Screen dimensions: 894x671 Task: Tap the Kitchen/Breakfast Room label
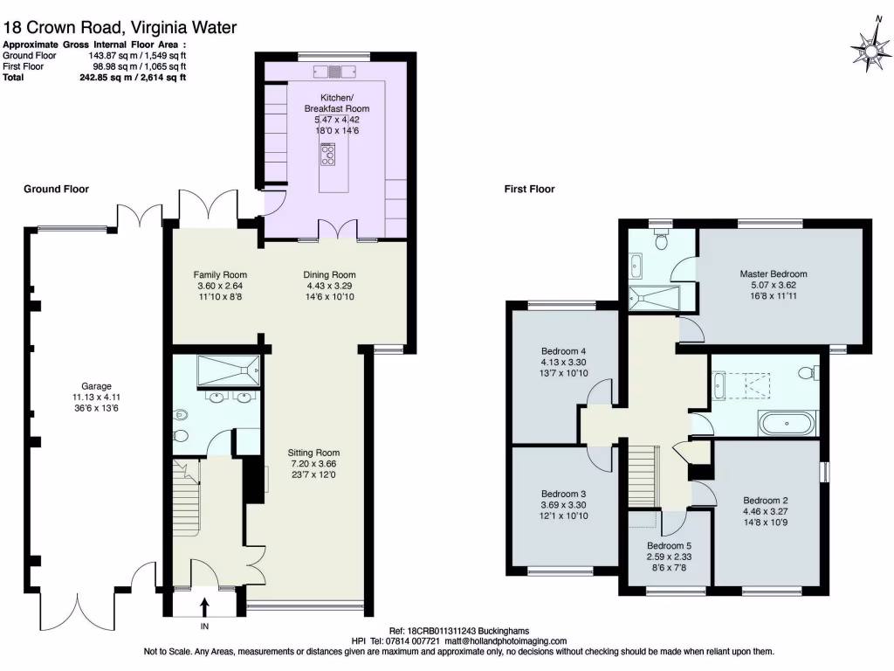pos(336,103)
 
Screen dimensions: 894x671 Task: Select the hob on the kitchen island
pos(328,154)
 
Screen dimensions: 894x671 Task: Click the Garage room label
pos(96,386)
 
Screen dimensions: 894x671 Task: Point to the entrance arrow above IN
pos(204,606)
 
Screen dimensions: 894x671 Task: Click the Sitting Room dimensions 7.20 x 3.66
pos(313,464)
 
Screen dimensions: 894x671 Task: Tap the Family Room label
pos(219,274)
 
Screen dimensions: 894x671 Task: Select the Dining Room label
pos(329,274)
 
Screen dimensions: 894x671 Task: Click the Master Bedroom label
pos(774,273)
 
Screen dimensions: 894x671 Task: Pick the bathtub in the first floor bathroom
pos(787,424)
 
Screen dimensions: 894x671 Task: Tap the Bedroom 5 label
pos(669,546)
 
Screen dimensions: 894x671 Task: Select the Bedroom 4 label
pos(563,351)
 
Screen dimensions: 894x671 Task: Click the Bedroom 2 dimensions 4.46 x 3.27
pos(765,511)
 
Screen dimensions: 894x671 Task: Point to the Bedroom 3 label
pos(563,495)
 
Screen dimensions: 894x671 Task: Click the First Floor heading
pos(529,189)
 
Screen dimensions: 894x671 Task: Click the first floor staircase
pos(643,476)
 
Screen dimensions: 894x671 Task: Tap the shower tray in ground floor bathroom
pos(228,370)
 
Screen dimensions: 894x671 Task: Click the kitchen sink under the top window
pos(334,72)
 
